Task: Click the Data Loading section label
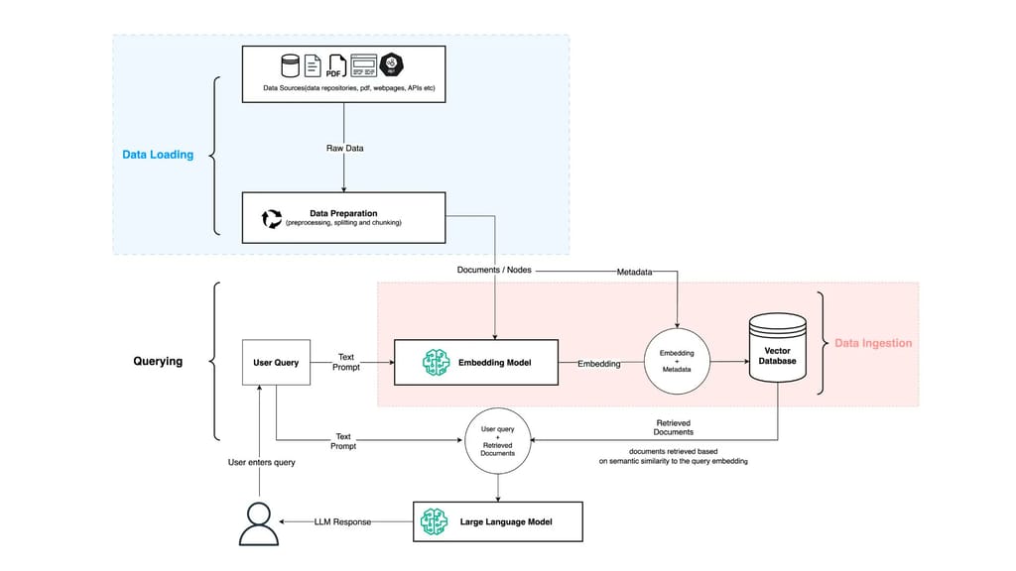pos(158,155)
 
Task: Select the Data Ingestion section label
pos(872,343)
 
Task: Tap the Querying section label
pos(158,361)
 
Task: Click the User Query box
pos(276,363)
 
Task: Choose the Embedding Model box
pos(475,363)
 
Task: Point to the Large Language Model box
pos(497,521)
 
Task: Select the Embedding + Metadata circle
pos(677,362)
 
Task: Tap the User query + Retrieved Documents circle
pos(497,439)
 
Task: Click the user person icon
pos(258,523)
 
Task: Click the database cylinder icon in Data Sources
pos(290,66)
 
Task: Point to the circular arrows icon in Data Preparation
pos(271,218)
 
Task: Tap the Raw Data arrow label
pos(344,148)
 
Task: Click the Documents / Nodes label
pos(493,270)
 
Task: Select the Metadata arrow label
pos(634,270)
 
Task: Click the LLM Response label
pos(342,521)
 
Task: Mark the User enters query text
pos(261,463)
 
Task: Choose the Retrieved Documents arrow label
pos(674,427)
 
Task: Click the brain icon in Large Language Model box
pos(434,521)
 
